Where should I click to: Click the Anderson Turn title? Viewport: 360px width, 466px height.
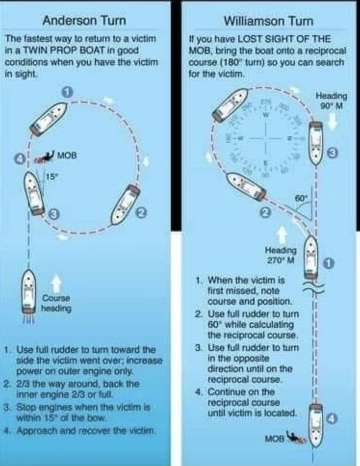(84, 21)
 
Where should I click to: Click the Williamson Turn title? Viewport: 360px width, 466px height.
(268, 22)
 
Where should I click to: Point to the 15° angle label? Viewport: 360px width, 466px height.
(51, 176)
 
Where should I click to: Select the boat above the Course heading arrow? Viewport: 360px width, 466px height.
(28, 292)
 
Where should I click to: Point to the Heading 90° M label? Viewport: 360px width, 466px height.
(331, 100)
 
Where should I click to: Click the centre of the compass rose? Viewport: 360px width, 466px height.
(264, 139)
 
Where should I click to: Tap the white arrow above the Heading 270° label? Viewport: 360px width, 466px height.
(282, 234)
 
